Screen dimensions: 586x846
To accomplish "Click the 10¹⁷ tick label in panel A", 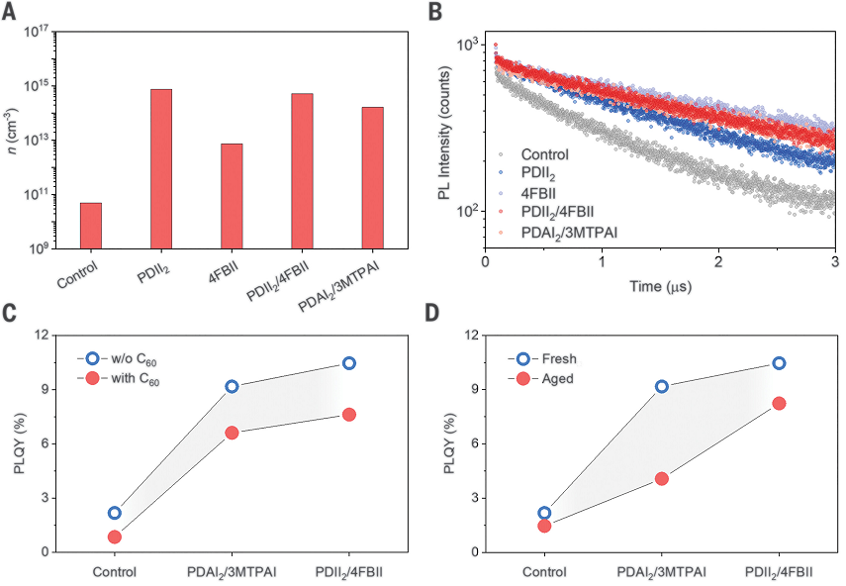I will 38,32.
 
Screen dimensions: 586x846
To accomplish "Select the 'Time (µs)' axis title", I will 660,287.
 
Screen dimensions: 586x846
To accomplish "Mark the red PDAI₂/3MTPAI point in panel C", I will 232,433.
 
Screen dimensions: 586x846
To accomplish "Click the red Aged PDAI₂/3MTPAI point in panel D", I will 661,478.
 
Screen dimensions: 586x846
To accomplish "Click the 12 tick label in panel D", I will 470,335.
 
